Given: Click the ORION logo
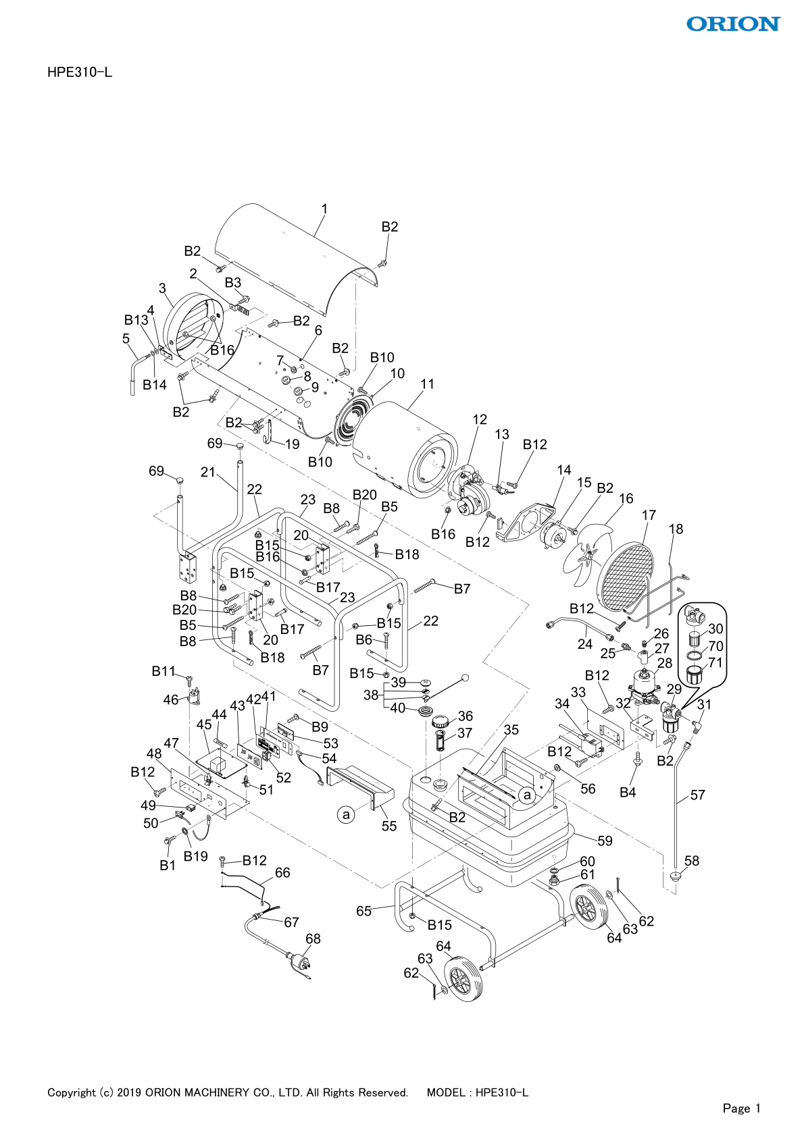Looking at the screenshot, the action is pos(733,24).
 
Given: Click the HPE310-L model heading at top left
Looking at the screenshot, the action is pos(80,73).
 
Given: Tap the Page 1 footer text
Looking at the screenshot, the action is pos(742,1108).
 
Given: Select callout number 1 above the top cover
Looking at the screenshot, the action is pos(324,209).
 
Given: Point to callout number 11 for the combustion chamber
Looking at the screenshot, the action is pos(427,384).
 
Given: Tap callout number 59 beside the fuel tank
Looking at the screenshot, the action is pos(605,841).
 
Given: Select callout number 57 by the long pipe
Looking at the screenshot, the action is pos(697,795).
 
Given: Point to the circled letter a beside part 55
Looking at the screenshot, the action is pos(346,815).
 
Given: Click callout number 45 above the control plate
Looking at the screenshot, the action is pos(203,724).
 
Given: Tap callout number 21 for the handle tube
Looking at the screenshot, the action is pos(207,472).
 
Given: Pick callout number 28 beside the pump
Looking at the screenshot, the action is pos(665,663).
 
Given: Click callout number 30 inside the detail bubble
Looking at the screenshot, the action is pos(715,629).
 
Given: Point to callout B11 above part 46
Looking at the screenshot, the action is pos(163,671).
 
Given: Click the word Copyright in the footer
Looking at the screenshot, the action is pos(72,1092).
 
